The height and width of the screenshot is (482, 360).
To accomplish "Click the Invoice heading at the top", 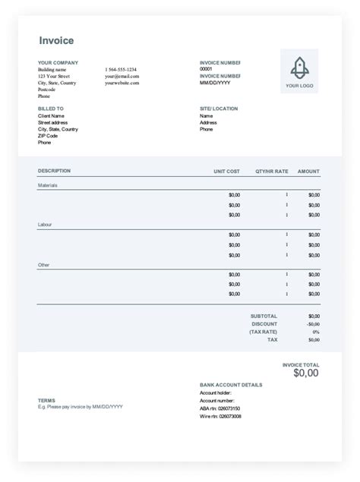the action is point(56,41).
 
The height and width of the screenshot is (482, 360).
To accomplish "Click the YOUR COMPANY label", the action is point(58,62).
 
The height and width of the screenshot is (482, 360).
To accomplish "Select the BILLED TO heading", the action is point(51,109).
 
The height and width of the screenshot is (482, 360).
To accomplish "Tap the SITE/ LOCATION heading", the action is point(219,109).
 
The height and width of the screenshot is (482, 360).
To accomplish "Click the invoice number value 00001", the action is point(206,69).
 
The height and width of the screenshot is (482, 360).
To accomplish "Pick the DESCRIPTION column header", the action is point(54,172).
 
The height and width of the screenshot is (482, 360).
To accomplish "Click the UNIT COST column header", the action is point(226,172).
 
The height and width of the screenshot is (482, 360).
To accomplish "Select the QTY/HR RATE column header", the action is point(271,172).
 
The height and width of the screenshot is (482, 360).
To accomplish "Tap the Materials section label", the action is point(48,185).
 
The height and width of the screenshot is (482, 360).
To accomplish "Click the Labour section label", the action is point(46,225).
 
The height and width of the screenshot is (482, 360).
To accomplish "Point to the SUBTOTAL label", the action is point(264,316).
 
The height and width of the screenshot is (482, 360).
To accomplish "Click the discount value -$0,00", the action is point(313,323).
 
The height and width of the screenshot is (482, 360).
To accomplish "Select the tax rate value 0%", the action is point(315,332).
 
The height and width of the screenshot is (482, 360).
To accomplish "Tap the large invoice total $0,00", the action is point(306,373).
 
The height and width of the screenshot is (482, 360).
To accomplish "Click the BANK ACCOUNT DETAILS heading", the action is point(231,385).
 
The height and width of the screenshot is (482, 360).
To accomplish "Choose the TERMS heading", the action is point(46,400).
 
